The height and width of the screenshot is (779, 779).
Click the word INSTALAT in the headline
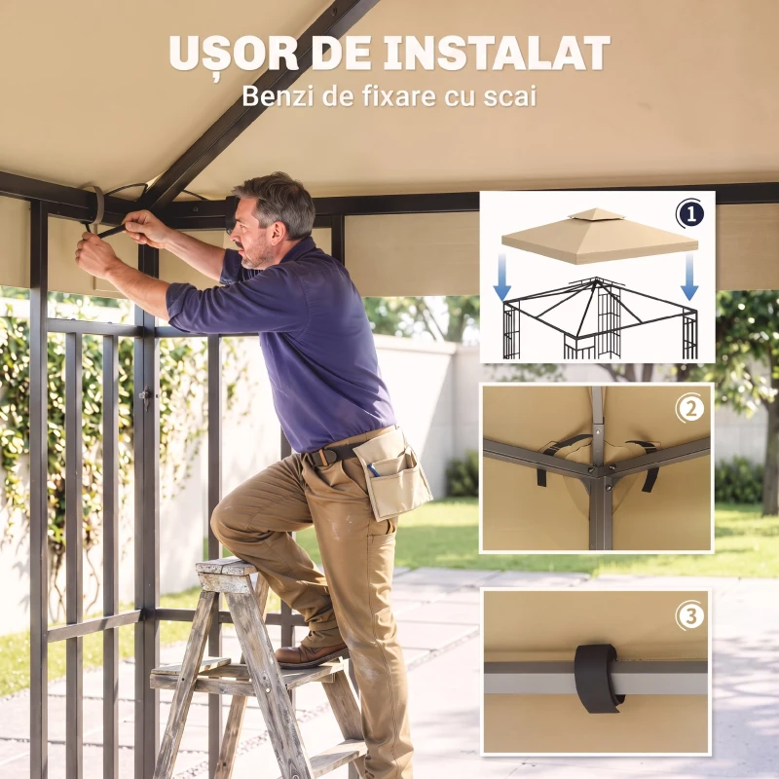[x=497, y=53]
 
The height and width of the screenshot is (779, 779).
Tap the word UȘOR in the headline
[x=234, y=55]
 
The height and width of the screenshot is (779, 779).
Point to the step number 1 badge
[x=690, y=214]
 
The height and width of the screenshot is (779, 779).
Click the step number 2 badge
[x=690, y=409]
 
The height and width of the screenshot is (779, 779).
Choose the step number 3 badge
[x=690, y=616]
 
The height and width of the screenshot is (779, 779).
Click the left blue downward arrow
[x=502, y=277]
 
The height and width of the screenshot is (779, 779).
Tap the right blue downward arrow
[x=689, y=277]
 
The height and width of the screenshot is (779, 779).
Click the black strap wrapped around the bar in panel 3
[x=598, y=678]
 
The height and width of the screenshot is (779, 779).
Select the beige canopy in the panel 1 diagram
[x=600, y=236]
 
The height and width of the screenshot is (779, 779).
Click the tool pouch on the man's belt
[x=393, y=474]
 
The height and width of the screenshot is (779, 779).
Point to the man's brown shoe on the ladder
[x=311, y=651]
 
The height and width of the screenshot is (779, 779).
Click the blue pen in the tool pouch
[x=374, y=469]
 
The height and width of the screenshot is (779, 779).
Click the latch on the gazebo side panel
[x=145, y=395]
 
